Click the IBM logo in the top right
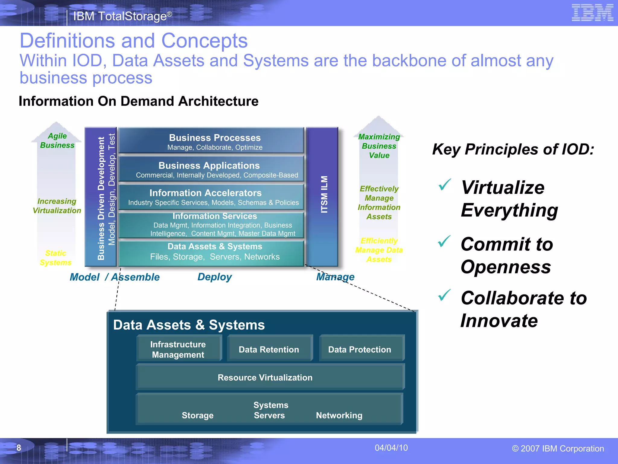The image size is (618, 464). (592, 13)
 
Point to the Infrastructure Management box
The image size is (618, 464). (178, 349)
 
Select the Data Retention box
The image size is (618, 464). (269, 350)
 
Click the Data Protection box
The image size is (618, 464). (360, 350)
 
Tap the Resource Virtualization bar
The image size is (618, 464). (265, 378)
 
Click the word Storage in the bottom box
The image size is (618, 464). (198, 415)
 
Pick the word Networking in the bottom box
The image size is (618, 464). (339, 415)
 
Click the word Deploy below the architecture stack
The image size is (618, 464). (215, 277)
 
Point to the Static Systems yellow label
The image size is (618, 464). (56, 258)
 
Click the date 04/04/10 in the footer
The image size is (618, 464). (391, 448)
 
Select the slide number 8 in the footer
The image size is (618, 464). (19, 448)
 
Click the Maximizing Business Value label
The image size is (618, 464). (379, 146)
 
